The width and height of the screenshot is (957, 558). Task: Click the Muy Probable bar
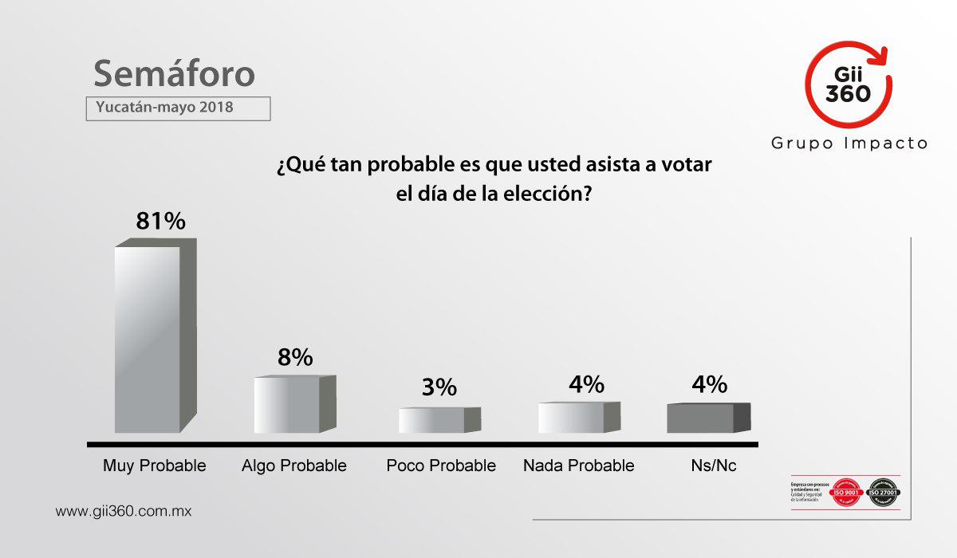coord(148,339)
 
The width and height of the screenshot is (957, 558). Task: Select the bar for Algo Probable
coord(287,405)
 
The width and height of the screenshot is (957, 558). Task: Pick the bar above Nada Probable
coord(571,418)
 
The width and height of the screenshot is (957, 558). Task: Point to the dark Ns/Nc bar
coord(700,418)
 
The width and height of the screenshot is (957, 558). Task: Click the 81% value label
coord(160,221)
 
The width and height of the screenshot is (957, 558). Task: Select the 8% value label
coord(295,358)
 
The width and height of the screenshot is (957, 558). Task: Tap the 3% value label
coord(439,388)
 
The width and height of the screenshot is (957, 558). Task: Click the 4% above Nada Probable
coord(586,384)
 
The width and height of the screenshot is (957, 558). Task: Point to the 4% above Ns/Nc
coord(710,384)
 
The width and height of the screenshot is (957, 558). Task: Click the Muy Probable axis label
coord(155,466)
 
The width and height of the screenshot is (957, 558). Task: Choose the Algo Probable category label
coord(294,466)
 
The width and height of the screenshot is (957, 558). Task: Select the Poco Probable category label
coord(441,466)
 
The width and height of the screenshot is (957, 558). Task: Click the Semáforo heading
coord(175,73)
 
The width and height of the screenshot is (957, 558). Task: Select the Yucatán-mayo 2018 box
coord(178,107)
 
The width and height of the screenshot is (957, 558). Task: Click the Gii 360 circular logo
coord(848,85)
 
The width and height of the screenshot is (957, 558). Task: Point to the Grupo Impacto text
coord(849,143)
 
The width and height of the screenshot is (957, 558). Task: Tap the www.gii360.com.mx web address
coord(124,511)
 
